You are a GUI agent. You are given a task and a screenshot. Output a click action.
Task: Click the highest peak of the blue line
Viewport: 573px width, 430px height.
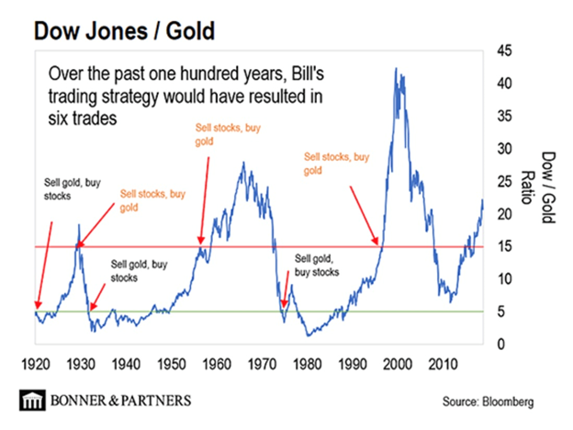point(396,68)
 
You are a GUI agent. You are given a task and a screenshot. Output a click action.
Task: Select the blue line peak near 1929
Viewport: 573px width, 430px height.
point(79,225)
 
